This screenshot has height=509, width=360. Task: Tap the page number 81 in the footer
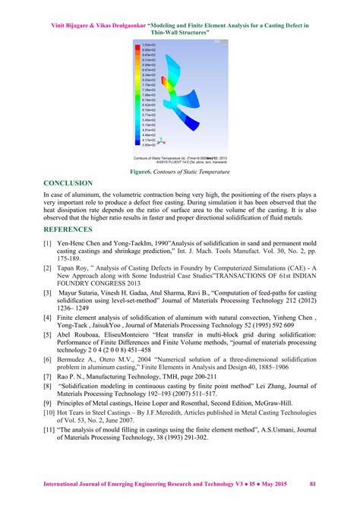pyautogui.click(x=313, y=484)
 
